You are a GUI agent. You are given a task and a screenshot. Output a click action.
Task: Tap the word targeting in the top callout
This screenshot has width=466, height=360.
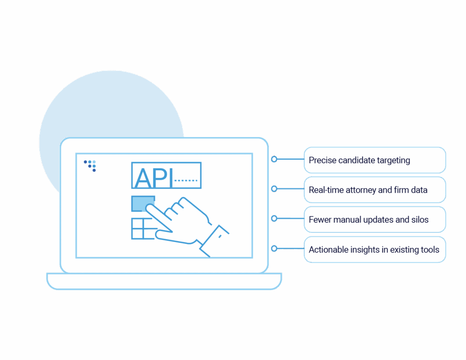(x=393, y=161)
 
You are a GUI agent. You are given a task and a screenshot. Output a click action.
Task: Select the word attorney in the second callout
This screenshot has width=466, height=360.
(x=360, y=190)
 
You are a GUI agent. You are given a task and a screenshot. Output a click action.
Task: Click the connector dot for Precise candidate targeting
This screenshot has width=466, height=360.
(x=274, y=160)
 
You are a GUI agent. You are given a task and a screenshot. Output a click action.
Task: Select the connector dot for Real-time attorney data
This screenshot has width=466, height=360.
(x=274, y=188)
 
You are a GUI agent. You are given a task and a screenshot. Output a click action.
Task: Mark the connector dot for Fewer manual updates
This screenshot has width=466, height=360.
(x=274, y=218)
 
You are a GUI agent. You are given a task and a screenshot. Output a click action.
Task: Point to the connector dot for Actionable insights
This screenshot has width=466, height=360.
(x=274, y=248)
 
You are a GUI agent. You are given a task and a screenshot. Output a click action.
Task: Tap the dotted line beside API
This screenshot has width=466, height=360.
(x=187, y=181)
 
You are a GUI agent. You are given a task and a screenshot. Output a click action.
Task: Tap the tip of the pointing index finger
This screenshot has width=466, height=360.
(x=149, y=207)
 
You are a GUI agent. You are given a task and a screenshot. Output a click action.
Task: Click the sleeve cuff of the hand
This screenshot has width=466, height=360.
(x=216, y=237)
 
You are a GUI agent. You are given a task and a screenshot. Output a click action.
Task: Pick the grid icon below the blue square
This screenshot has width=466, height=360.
(x=142, y=228)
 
